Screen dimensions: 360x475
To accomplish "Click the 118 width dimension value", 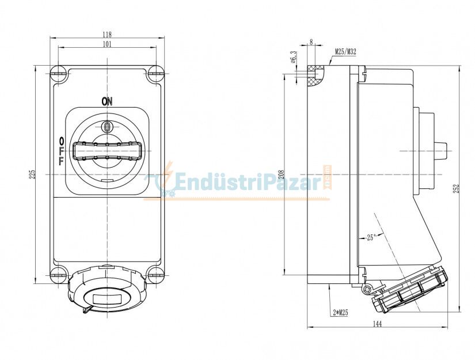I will [x=107, y=34].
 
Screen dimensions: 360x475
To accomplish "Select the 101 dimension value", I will [x=107, y=44].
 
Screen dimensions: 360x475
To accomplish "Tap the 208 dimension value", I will [x=280, y=173].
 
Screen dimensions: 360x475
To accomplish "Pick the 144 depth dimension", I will [x=377, y=324].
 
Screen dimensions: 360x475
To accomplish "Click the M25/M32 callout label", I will [x=345, y=52].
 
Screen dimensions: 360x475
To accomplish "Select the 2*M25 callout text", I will [x=340, y=312].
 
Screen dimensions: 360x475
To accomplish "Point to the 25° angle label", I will [x=370, y=237].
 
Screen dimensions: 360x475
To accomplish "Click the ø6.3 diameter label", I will [x=293, y=58].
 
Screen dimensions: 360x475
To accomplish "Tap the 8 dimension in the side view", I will [x=311, y=41].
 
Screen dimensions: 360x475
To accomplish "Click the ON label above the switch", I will [x=107, y=101].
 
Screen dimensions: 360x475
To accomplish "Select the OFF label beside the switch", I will [x=61, y=151].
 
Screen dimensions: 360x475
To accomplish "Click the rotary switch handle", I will [x=107, y=151].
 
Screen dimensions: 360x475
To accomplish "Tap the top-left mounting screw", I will [x=58, y=73].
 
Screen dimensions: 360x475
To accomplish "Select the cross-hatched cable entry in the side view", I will [x=314, y=75].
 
